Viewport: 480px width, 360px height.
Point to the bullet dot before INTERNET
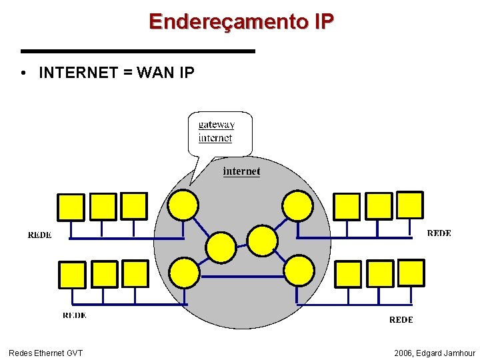click(x=23, y=73)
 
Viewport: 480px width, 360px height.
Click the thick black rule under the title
click(x=138, y=51)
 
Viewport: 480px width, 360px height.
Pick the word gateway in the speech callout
click(x=217, y=124)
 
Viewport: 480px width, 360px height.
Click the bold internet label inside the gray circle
click(x=241, y=171)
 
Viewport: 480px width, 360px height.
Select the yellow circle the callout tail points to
click(x=183, y=205)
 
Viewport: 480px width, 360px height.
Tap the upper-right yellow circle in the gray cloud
click(x=297, y=205)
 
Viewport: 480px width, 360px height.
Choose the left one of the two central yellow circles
click(x=221, y=247)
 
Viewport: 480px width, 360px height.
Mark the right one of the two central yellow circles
click(x=263, y=239)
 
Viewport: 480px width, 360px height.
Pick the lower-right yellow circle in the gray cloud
click(x=299, y=271)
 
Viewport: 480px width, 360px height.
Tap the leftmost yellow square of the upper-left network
click(x=71, y=207)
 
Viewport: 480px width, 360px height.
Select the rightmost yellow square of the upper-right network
click(x=410, y=205)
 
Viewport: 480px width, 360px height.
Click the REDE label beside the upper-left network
click(x=39, y=235)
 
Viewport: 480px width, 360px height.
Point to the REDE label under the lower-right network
click(x=401, y=320)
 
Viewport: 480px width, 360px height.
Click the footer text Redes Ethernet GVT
click(x=45, y=353)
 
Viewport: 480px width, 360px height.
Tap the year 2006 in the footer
click(x=403, y=353)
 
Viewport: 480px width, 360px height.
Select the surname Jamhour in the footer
click(x=459, y=353)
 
